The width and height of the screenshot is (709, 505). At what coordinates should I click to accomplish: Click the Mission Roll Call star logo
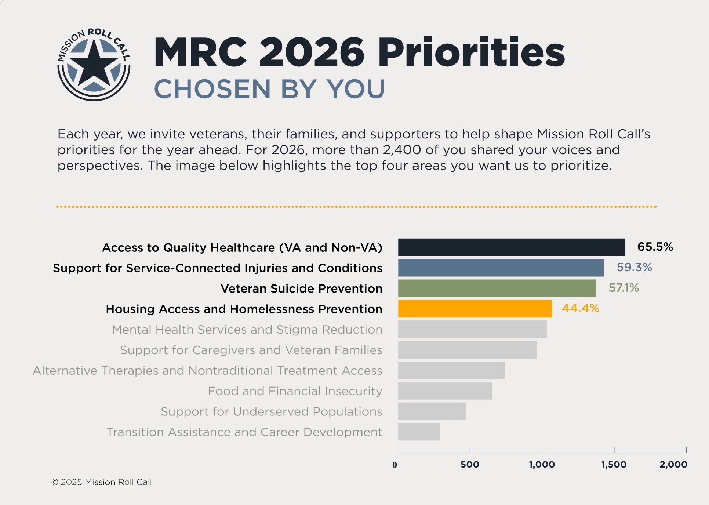point(94,65)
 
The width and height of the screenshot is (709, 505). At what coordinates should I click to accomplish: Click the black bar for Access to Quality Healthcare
point(511,247)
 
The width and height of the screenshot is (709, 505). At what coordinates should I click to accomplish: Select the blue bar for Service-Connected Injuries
point(501,268)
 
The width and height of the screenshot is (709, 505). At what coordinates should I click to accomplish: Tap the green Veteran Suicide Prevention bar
point(497,288)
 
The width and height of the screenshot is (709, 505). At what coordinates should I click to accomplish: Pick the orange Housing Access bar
point(475,309)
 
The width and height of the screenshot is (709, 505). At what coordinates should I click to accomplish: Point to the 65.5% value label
point(655,247)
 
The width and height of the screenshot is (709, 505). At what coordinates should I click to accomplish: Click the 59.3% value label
point(634,267)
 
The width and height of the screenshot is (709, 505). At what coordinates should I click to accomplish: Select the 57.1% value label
point(623,288)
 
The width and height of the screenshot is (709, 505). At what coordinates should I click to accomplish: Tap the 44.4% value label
point(580,308)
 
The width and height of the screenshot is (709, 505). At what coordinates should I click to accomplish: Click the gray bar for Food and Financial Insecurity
point(445,391)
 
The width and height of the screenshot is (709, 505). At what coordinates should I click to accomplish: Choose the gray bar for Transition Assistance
point(419,432)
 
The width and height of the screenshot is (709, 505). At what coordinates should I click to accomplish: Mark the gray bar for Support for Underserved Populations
point(432,411)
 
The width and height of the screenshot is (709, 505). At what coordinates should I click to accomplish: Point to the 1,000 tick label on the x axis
point(542,465)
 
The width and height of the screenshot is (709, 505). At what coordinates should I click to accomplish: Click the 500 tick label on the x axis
point(470,465)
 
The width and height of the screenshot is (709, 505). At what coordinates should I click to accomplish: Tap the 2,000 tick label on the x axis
point(673,465)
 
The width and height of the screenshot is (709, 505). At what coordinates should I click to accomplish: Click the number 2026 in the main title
point(312,52)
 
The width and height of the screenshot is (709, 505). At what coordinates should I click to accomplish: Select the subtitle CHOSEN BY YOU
point(269,89)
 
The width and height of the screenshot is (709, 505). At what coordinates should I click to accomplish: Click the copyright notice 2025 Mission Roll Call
point(102,482)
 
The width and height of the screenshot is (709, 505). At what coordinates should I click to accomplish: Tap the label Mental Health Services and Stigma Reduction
point(247,330)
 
